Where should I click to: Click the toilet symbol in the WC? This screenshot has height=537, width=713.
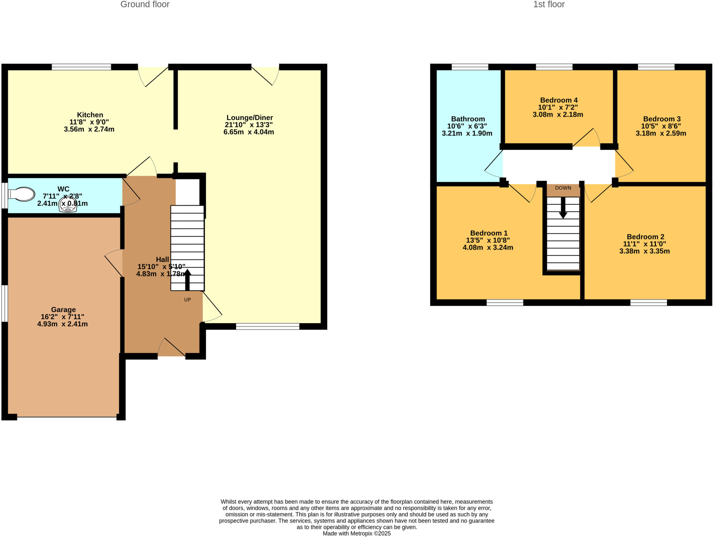22,194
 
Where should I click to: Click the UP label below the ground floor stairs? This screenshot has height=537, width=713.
187,300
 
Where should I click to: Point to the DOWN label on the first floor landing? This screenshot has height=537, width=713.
563,188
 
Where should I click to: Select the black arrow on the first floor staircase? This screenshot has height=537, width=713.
563,208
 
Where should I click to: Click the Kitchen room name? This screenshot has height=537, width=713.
90,115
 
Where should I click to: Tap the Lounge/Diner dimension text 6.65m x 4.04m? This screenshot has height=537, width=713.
249,132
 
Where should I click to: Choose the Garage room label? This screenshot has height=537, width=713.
63,309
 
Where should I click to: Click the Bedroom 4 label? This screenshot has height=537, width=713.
558,100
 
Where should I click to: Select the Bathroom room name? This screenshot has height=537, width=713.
468,119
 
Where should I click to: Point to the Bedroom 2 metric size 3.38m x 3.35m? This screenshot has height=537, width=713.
644,251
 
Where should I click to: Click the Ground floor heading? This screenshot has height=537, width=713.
145,5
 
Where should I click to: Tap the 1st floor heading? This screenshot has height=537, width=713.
549,5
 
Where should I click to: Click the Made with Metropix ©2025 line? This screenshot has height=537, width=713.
356,534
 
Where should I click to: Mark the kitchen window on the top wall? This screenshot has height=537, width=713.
81,67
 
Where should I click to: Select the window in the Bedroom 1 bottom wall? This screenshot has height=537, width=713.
504,302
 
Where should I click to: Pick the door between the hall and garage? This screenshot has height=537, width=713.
115,263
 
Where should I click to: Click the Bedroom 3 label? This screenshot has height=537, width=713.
661,119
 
